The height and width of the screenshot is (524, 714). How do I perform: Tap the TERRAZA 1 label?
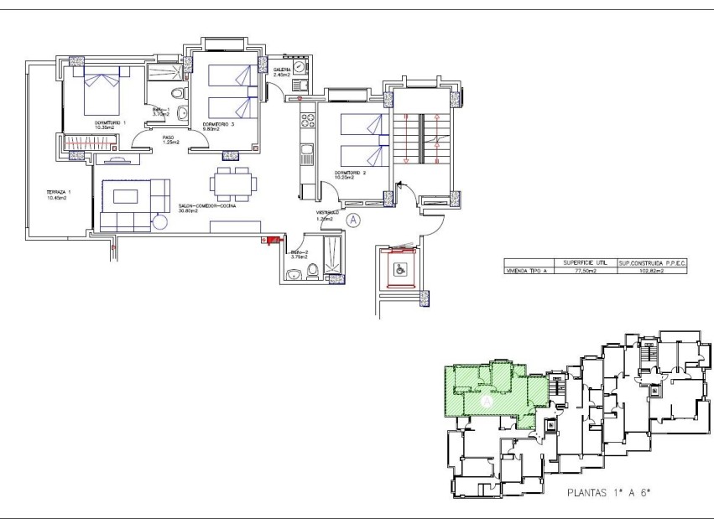coord(58,193)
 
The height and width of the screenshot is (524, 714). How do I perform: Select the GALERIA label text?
coord(281,70)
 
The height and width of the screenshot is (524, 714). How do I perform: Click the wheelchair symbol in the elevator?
coord(399,268)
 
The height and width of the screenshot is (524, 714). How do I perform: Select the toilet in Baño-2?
coord(312,269)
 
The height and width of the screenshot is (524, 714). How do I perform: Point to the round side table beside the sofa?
coord(159,221)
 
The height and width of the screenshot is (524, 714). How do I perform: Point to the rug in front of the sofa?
coord(127,195)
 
